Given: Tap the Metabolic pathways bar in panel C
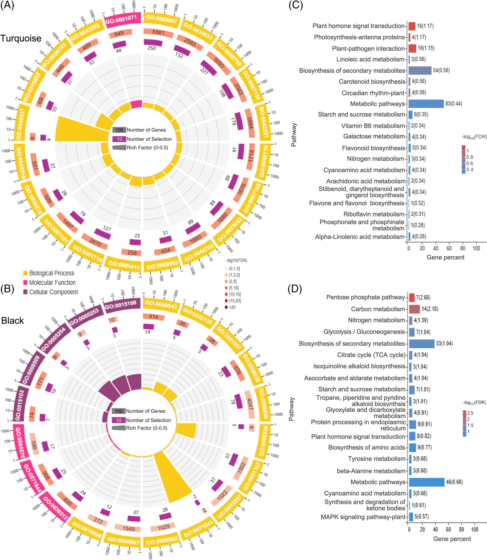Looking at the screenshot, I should [426, 104].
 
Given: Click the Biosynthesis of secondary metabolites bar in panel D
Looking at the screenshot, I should [422, 344].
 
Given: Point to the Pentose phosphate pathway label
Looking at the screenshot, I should [365, 297].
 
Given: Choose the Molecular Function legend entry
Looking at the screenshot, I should [52, 282].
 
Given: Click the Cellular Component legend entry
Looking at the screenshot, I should [53, 292].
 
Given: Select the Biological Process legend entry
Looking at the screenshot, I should [51, 273].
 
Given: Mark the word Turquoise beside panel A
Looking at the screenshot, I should [21, 38].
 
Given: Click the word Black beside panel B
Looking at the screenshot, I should [12, 321].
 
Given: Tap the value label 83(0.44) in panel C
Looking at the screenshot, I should [454, 104].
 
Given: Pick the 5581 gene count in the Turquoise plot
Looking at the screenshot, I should [158, 32].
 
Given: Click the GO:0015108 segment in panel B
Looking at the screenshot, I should [121, 304].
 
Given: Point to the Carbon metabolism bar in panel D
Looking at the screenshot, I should [414, 309].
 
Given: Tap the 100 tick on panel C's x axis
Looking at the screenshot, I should [476, 248].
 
